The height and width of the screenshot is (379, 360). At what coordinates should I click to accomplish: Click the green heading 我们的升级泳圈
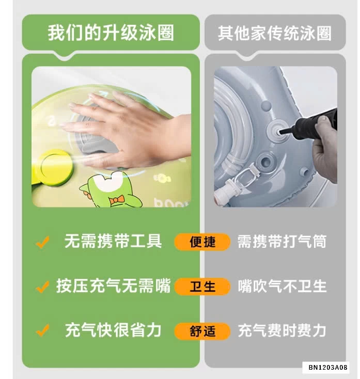[111, 33]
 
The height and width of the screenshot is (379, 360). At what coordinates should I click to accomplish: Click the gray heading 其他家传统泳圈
[275, 33]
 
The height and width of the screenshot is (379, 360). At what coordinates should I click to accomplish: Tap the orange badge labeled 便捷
[202, 242]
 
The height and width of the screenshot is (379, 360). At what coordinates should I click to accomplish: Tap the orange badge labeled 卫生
[202, 287]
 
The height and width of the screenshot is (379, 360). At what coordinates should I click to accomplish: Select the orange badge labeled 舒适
[202, 331]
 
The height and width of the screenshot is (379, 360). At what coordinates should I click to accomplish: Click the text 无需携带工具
[113, 241]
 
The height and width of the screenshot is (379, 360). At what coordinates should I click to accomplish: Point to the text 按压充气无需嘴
[114, 286]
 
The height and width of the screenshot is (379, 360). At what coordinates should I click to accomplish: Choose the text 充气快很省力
[113, 330]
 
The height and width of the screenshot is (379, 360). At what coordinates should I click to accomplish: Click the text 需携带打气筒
[282, 241]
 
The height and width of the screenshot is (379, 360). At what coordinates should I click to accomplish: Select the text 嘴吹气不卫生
[282, 286]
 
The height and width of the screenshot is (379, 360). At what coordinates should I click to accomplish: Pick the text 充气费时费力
[282, 330]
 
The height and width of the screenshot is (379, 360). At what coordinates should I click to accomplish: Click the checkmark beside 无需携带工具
[42, 242]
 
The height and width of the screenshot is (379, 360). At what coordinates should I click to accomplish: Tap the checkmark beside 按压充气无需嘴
[42, 287]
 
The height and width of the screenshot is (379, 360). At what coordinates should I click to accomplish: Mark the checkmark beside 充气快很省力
[42, 330]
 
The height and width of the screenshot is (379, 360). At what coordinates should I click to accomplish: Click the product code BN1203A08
[328, 368]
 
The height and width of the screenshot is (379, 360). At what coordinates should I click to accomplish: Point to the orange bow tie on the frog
[117, 200]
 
